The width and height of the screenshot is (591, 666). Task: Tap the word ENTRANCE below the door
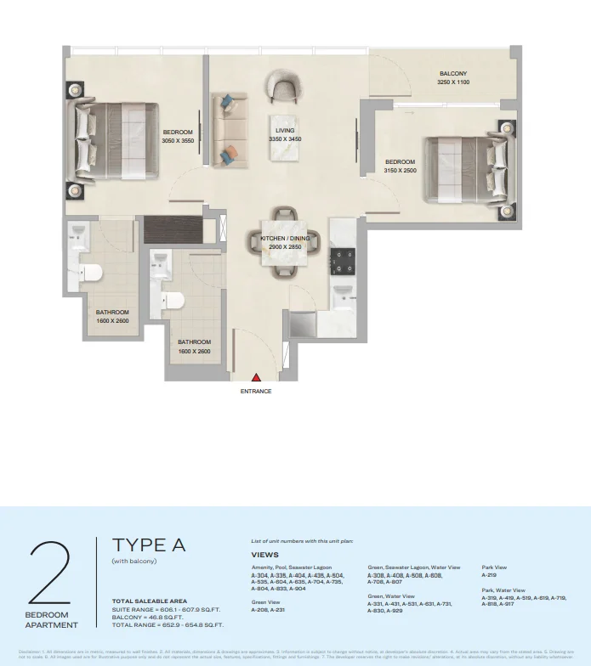(255, 392)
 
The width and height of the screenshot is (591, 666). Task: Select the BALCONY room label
(452, 74)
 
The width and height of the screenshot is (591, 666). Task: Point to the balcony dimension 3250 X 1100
(452, 83)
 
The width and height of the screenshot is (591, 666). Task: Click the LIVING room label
(285, 130)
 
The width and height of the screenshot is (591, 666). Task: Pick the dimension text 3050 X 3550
(179, 141)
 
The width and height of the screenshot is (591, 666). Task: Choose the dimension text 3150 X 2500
(400, 170)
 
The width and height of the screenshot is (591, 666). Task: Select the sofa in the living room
(229, 129)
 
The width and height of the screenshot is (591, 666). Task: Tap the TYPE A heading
(149, 544)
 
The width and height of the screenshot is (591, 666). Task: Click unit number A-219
(489, 575)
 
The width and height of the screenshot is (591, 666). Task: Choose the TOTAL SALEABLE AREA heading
(149, 601)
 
